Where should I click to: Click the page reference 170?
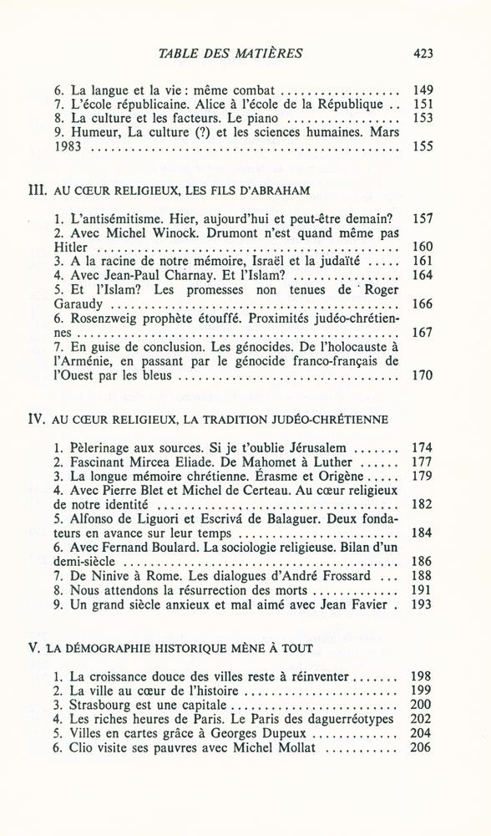coord(423,375)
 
